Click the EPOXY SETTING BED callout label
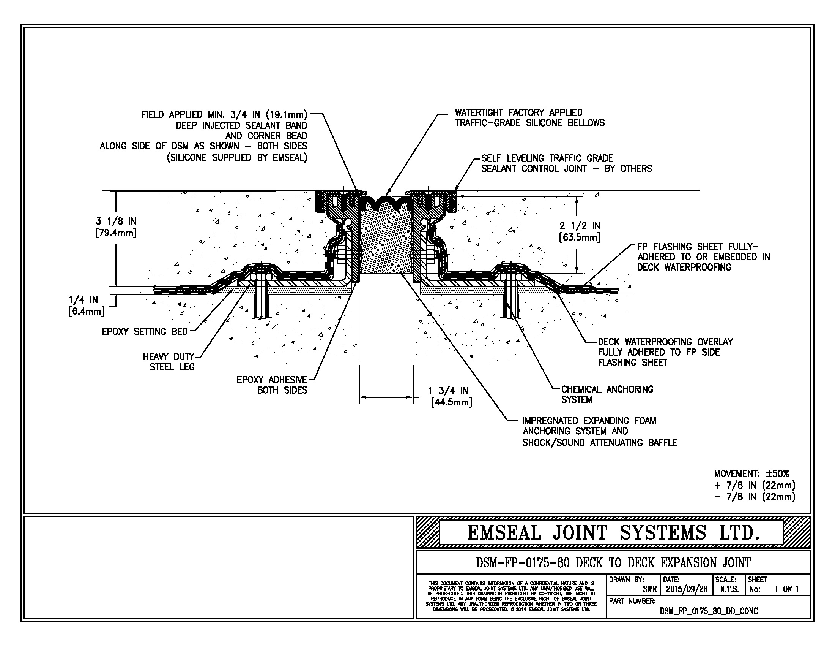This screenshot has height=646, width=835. coord(145,331)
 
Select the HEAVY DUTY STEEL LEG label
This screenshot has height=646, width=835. coord(169,362)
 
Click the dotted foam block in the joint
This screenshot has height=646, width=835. coord(385,241)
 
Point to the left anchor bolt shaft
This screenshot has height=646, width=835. coord(260,302)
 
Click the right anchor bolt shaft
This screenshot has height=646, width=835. coord(511,302)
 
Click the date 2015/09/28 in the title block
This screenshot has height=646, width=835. coord(687,589)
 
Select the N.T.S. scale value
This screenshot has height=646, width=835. coord(729,589)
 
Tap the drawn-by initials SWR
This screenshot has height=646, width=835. coord(649,589)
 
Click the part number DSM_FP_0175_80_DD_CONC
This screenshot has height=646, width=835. coord(709,611)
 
